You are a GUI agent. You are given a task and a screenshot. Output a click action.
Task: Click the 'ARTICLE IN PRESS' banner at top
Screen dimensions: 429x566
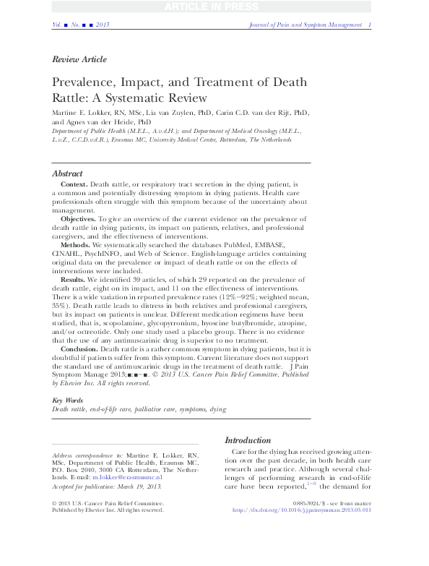214,8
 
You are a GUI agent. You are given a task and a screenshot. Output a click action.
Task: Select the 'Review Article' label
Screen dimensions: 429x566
79,59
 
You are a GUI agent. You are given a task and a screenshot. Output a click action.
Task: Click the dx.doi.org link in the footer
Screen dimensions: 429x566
321,510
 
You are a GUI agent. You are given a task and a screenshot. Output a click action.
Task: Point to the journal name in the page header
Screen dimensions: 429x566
300,25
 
